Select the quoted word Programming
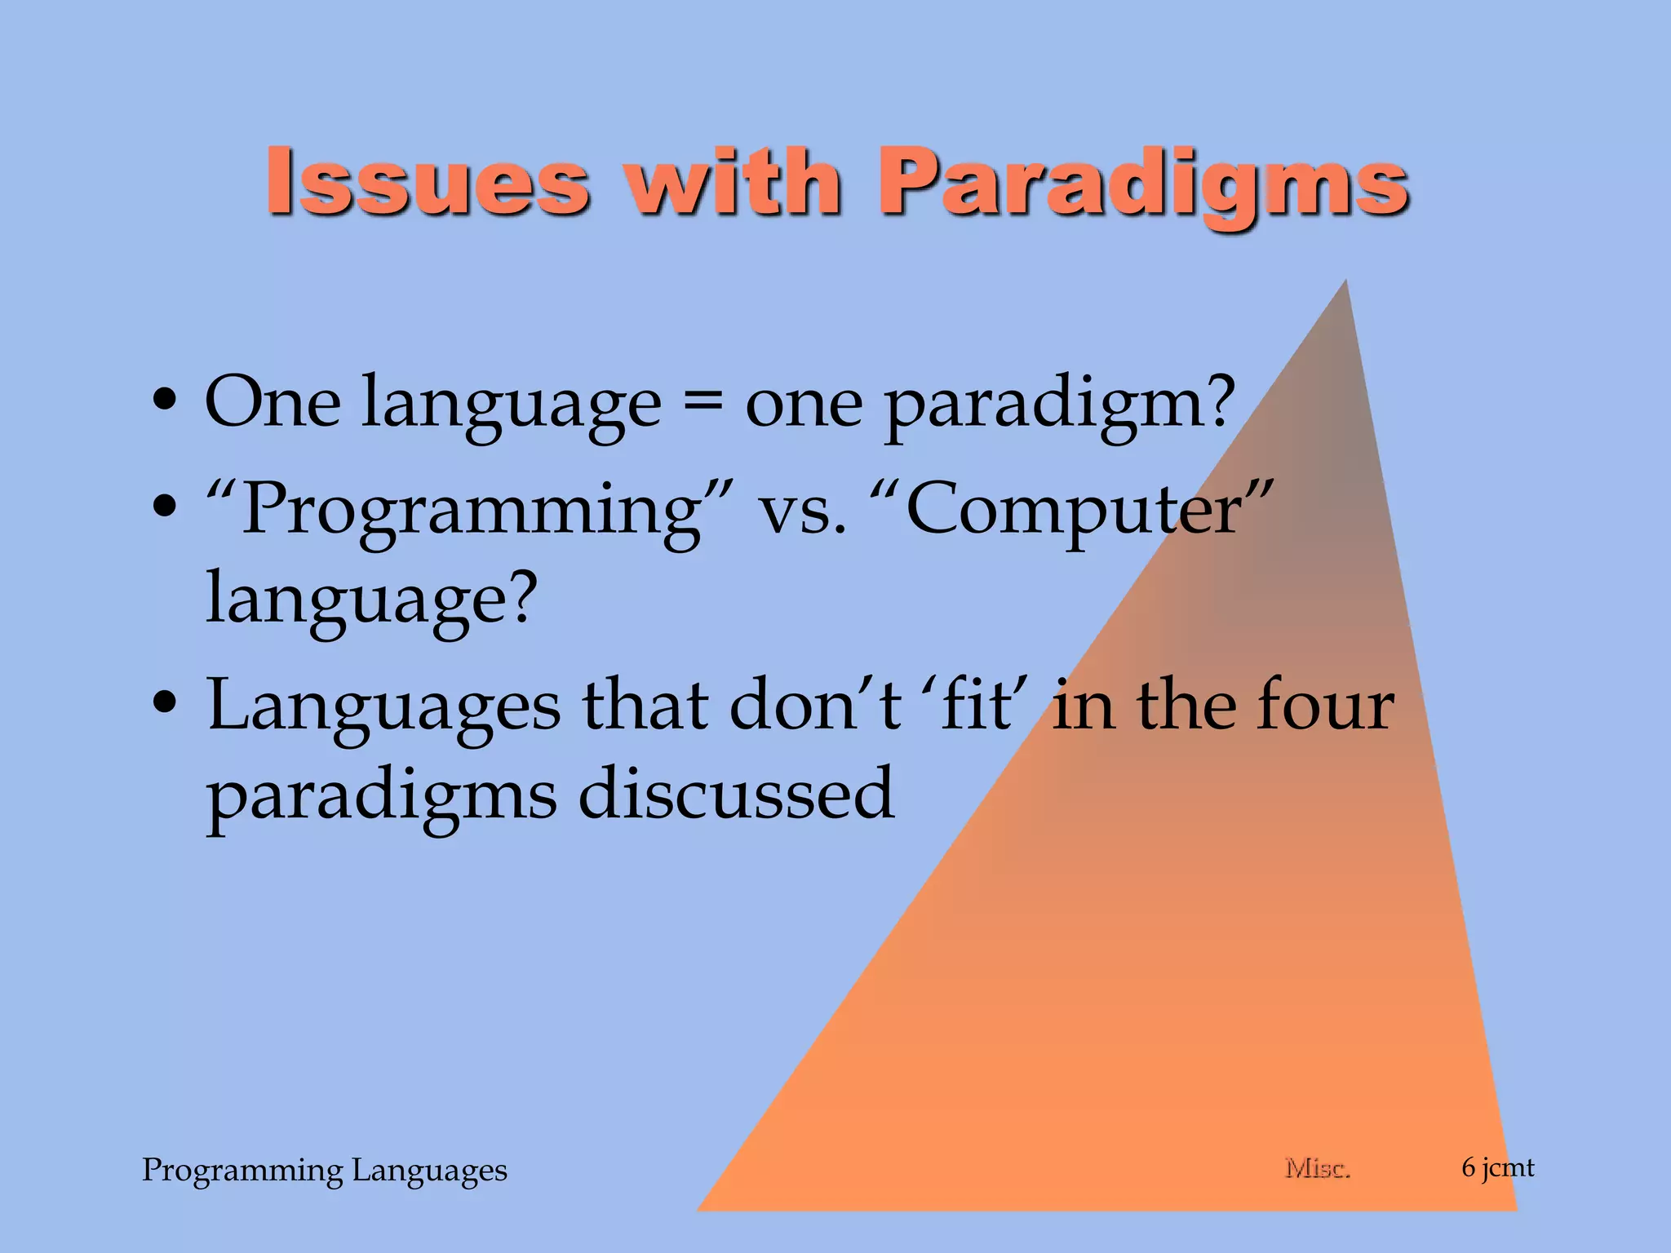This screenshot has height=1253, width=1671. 469,511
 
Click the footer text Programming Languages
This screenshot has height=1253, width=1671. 325,1170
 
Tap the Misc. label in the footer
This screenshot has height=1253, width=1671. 1317,1168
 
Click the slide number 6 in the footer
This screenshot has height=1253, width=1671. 1469,1167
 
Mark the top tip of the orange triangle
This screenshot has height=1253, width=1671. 1345,281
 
